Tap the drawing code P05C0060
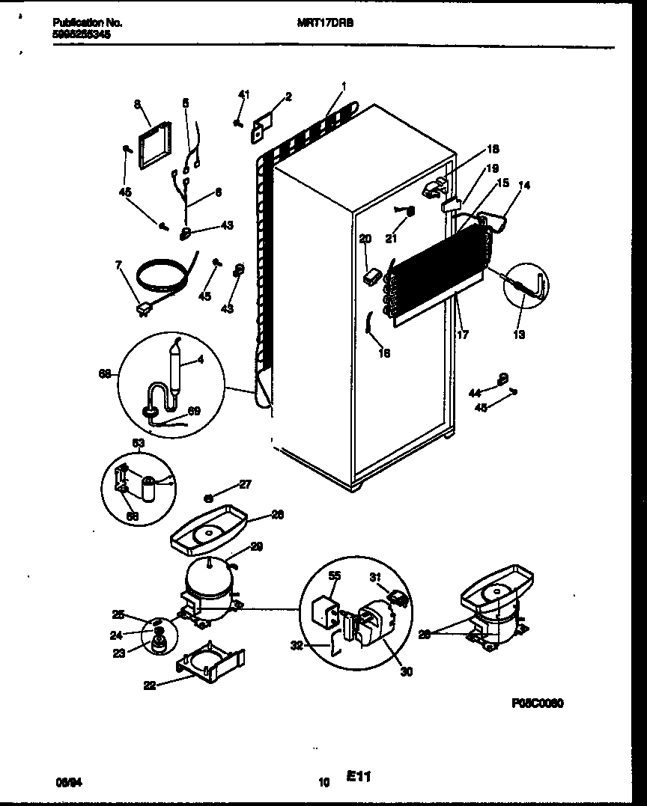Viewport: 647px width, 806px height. pos(537,703)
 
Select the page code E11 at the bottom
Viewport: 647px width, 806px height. pos(360,778)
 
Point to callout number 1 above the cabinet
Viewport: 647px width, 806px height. pos(343,86)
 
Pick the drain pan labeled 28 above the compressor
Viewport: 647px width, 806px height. pos(209,529)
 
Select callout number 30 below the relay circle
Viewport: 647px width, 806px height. pos(406,671)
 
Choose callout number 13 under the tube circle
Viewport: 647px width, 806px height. pos(519,335)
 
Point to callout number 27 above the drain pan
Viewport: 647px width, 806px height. pos(246,484)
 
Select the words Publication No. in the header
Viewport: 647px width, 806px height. pos(88,23)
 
